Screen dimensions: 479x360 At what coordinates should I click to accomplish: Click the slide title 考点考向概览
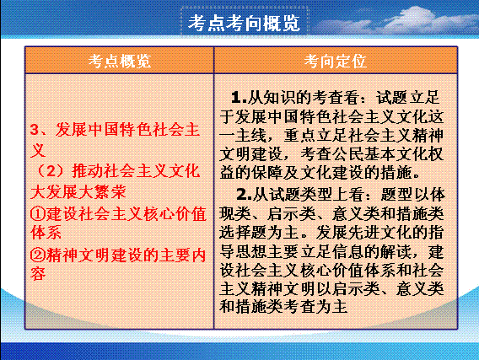point(244,24)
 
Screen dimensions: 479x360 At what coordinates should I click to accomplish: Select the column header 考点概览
point(120,61)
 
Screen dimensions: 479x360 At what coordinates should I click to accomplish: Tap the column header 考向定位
point(335,61)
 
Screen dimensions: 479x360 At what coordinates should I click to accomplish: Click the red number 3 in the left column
point(35,130)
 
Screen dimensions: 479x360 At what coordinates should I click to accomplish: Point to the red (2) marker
point(51,171)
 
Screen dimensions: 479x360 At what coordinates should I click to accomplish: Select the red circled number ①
point(38,214)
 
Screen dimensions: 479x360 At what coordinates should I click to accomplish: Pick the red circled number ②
point(38,255)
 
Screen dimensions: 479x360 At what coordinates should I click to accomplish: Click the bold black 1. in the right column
point(239,98)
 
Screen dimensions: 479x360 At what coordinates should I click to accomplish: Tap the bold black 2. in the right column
point(244,195)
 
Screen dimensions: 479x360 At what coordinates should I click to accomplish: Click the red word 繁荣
point(110,192)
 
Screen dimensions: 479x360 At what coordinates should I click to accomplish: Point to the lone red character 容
point(38,274)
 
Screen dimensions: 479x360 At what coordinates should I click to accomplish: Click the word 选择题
point(243,233)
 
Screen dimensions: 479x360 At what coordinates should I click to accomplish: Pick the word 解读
point(396,251)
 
